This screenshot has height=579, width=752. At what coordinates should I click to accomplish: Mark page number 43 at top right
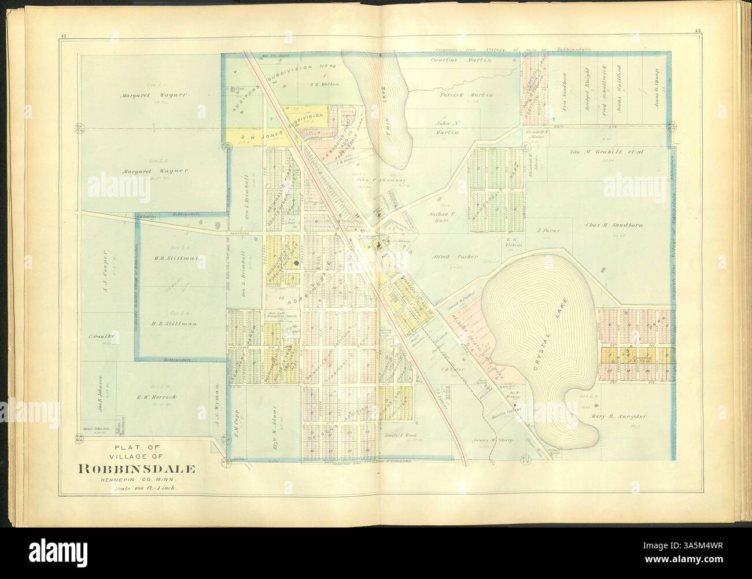[x=677, y=38]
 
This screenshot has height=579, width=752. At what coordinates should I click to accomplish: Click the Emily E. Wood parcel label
[x=400, y=436]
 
